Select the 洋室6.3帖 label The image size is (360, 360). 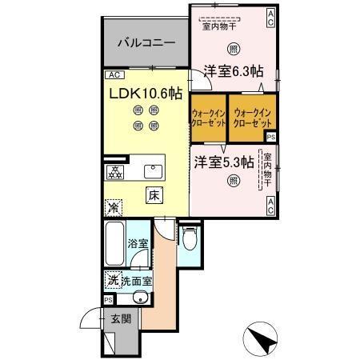pos(233,70)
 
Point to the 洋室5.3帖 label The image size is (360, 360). pos(223,161)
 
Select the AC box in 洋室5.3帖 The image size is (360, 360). pos(270,206)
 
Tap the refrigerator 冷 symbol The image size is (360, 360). pos(114,206)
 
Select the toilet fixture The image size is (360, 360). pos(188,238)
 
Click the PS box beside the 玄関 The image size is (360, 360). pos(107,300)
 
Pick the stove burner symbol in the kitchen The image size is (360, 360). pos(117,171)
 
